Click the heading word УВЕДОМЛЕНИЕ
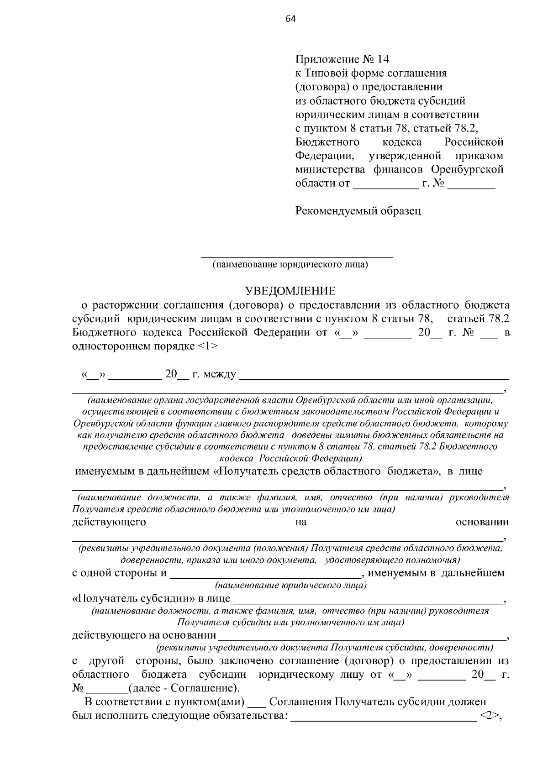290,291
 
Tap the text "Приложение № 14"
342,59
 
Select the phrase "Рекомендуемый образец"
358,211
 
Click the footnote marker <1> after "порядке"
208,346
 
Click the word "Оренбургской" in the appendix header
467,169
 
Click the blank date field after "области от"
386,186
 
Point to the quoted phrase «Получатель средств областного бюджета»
325,471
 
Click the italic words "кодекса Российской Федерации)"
291,457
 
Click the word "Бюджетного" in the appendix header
327,142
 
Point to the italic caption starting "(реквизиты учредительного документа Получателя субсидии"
325,647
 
